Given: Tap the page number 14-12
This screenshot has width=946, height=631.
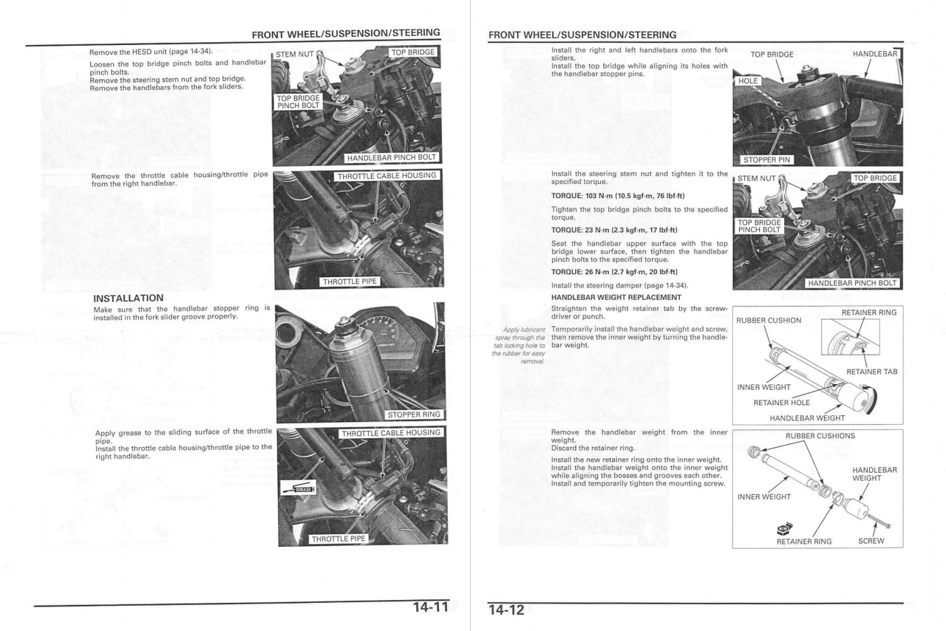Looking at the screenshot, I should click(x=506, y=610).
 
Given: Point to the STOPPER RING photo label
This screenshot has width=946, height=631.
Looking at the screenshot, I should click(x=414, y=415).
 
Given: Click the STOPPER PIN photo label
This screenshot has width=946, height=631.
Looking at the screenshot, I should click(x=766, y=159).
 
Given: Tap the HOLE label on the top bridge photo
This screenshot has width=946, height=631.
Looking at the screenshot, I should click(x=749, y=81).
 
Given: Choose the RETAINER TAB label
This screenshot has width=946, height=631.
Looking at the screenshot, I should click(x=871, y=372).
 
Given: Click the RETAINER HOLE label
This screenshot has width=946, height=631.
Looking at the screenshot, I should click(x=781, y=403).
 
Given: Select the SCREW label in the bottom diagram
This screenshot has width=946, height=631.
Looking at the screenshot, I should click(x=871, y=541).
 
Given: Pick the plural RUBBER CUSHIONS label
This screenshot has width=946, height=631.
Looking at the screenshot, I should click(x=820, y=436).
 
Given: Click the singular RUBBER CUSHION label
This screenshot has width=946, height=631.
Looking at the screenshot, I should click(x=769, y=320).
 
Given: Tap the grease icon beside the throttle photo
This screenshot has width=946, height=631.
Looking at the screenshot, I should click(x=299, y=488).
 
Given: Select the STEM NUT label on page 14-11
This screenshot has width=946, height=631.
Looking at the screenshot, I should click(x=295, y=54).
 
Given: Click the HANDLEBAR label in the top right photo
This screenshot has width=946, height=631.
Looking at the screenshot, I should click(x=874, y=54).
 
